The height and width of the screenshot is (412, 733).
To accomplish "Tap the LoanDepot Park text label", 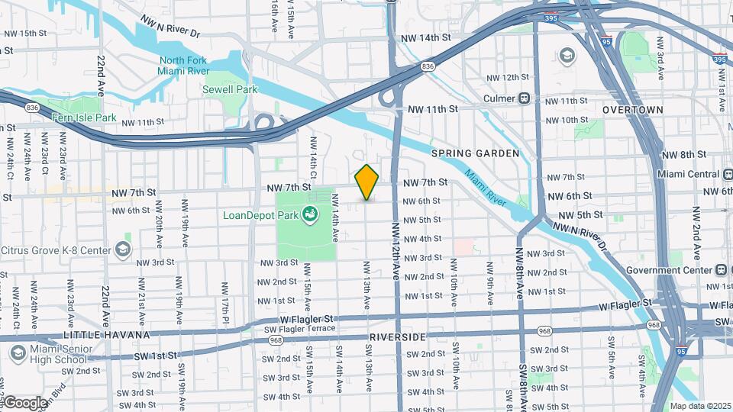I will (x=260, y=215).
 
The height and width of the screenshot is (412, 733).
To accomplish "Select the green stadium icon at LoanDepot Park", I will (x=310, y=216).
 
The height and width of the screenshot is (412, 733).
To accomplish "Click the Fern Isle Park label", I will (x=84, y=117).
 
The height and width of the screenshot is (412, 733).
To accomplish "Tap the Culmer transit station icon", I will (x=525, y=98).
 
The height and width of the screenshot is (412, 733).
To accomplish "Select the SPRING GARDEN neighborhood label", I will (x=475, y=153).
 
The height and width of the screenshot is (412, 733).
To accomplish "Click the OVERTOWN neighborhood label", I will (x=632, y=110).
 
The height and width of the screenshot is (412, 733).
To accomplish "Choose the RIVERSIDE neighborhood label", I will (x=396, y=336).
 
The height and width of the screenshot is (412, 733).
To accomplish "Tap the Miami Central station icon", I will (x=723, y=174).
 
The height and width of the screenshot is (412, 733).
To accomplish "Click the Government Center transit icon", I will (x=720, y=270).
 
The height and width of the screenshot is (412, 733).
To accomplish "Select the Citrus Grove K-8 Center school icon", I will (x=123, y=249).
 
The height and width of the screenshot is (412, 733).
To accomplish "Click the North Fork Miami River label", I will (x=184, y=66).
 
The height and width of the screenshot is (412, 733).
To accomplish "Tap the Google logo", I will (x=24, y=402).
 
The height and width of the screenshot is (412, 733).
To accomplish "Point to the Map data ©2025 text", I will (x=699, y=406).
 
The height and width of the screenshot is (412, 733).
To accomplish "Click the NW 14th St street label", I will (x=425, y=37).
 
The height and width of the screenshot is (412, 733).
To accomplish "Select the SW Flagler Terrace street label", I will (x=299, y=328).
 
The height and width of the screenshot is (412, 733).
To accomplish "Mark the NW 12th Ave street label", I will (x=396, y=252).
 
